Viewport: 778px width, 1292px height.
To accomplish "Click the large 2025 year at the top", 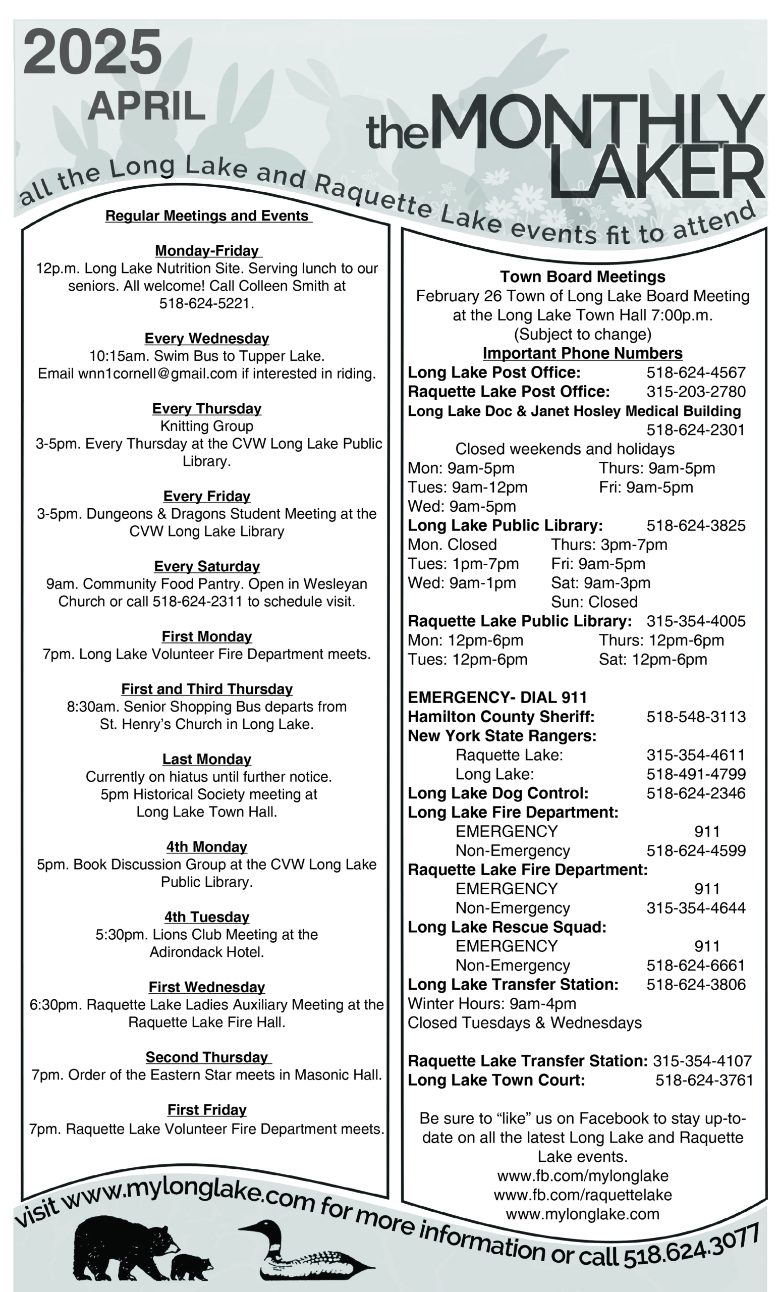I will pos(92,52).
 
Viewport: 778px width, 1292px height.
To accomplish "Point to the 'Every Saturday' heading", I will pos(206,566).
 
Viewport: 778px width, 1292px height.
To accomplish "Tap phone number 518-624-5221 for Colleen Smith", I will pos(206,304).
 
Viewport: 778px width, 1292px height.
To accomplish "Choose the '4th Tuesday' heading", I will pos(206,917).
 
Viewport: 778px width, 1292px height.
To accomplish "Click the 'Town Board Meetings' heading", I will pos(582,277).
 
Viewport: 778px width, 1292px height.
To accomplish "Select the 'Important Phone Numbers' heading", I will pos(582,353).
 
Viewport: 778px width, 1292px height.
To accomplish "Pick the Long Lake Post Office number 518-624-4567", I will pos(696,373).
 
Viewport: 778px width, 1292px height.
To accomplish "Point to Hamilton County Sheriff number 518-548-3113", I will pos(696,717).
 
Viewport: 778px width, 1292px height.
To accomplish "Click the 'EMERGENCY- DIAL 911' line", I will pos(497,697).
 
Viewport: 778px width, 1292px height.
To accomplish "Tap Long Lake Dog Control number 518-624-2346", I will pos(696,793).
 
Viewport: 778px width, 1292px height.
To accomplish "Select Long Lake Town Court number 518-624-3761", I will pos(704,1080).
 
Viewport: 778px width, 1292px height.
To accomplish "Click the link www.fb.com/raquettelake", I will pos(582,1195).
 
